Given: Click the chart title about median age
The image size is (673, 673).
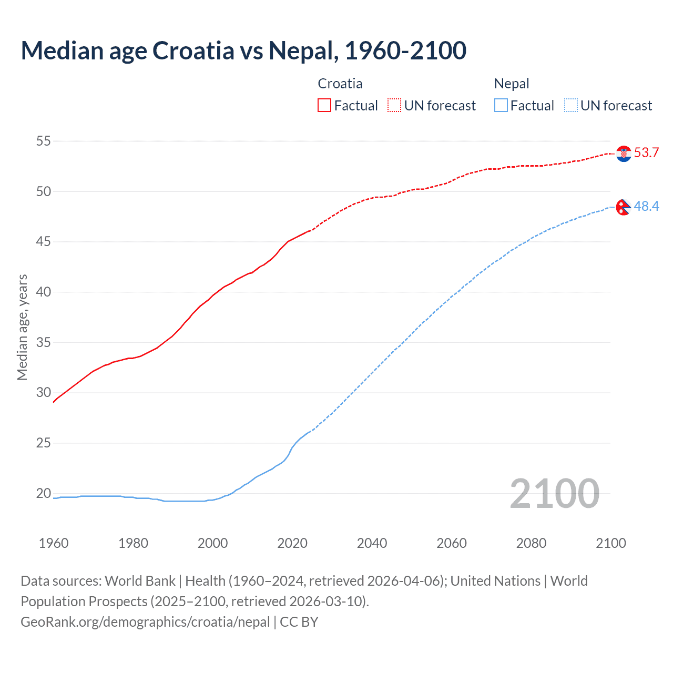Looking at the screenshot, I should [x=243, y=50].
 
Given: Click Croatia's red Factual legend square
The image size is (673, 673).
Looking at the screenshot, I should [x=324, y=105].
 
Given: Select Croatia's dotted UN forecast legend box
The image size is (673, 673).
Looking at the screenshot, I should [x=394, y=105].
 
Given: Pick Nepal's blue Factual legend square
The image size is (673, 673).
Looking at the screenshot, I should [x=501, y=105].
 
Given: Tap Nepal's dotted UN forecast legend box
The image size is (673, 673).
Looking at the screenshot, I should [x=570, y=105].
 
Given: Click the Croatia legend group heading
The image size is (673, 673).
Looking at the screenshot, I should [x=340, y=84].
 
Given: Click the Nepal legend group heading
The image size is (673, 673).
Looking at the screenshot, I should [x=511, y=84].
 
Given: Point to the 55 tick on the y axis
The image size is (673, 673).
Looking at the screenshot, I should [x=44, y=141].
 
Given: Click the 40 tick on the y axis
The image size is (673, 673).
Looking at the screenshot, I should [x=44, y=292].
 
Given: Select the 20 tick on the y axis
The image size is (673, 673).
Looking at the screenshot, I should [x=44, y=493].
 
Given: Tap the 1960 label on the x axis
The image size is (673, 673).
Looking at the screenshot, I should [x=54, y=543].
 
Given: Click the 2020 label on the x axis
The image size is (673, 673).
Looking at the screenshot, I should [x=292, y=543].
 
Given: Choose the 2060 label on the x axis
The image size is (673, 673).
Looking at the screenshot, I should [x=452, y=543].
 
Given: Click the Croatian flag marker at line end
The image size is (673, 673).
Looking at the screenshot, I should [x=624, y=154].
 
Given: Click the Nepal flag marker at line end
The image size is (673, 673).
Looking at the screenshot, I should [x=623, y=207].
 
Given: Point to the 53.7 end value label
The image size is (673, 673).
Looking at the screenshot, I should [x=646, y=153].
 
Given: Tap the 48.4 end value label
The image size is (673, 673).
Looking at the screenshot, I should [x=646, y=207].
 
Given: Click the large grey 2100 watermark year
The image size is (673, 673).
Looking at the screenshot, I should [x=554, y=493].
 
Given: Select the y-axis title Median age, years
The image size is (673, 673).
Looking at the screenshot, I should [x=22, y=327].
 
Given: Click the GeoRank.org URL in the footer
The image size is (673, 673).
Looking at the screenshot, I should [x=145, y=622].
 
